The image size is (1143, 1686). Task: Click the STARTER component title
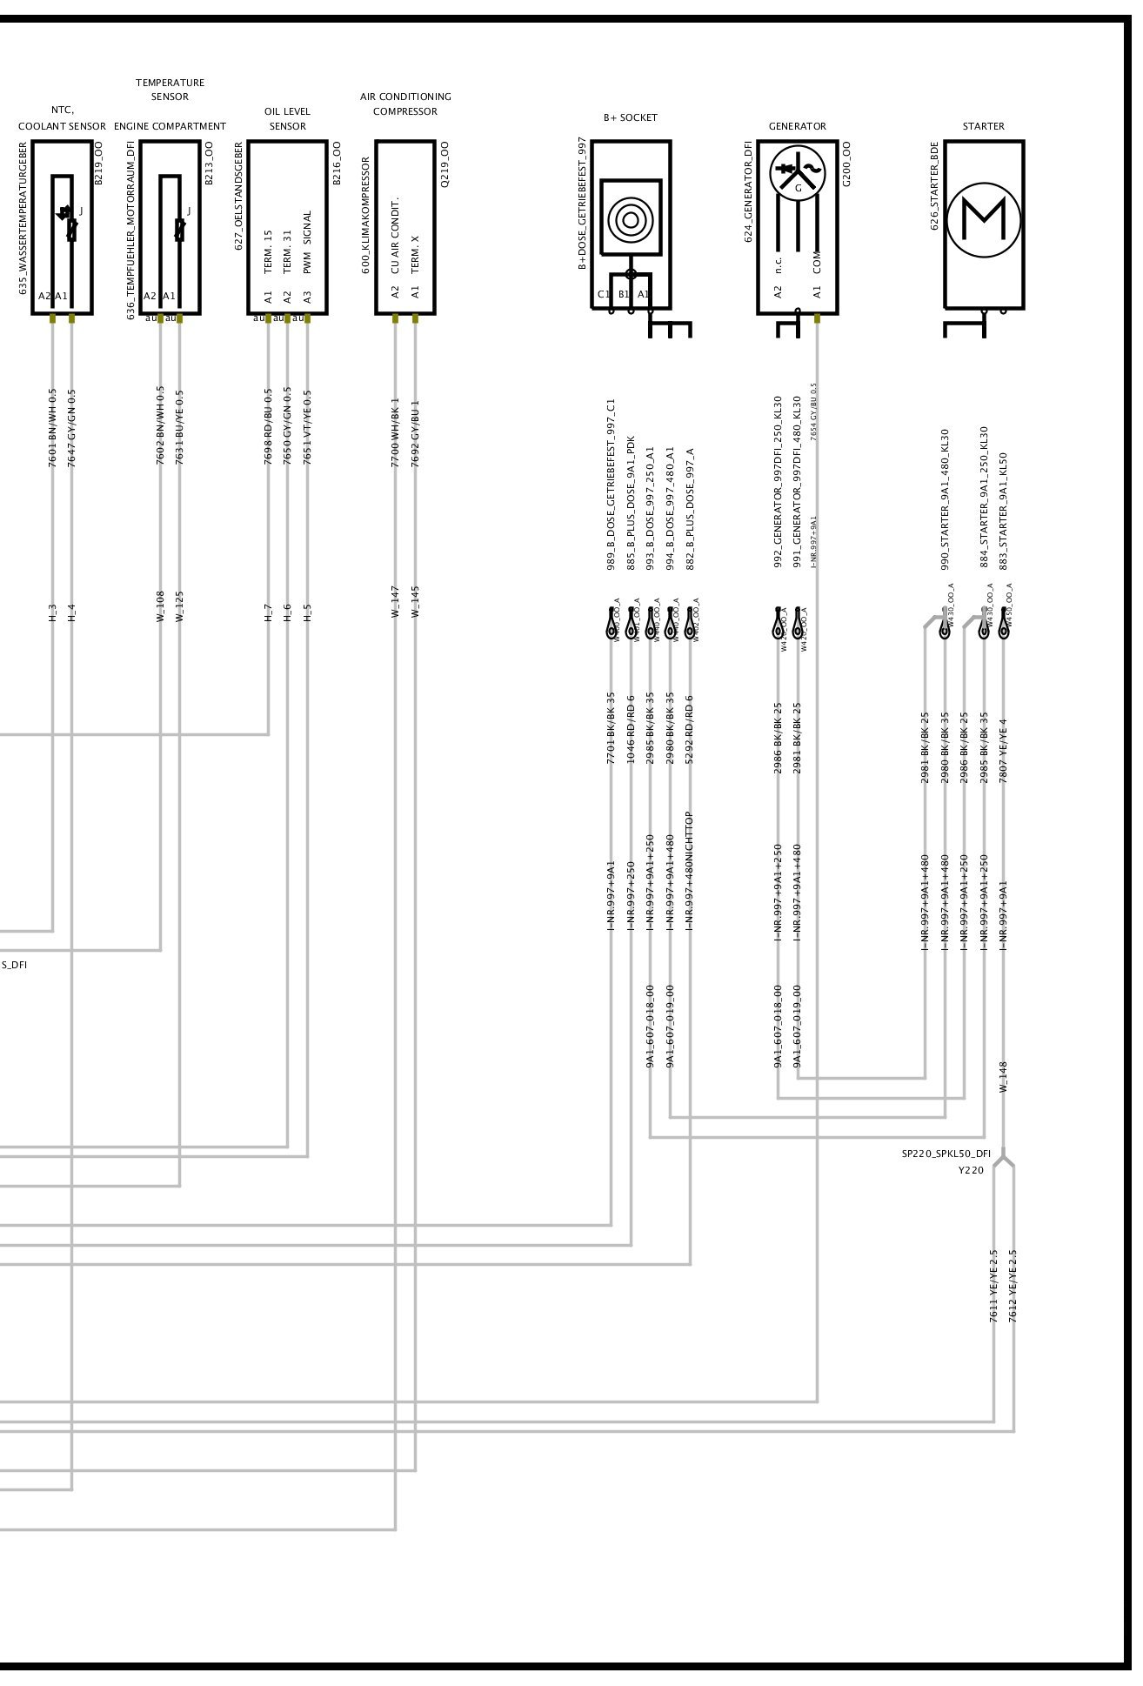point(983,126)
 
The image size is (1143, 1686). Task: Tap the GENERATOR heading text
point(797,126)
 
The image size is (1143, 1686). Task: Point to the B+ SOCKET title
point(630,117)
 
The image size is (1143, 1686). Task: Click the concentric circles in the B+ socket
point(630,218)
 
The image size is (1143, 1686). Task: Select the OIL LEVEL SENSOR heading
point(287,118)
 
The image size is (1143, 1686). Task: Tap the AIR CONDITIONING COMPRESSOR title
point(405,104)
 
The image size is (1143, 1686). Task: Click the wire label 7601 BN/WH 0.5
point(52,427)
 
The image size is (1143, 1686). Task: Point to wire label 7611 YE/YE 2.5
point(993,1286)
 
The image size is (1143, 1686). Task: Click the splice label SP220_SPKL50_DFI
point(946,1154)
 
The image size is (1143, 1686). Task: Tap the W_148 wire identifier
point(1003,1076)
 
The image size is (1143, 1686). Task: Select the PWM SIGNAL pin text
point(307,242)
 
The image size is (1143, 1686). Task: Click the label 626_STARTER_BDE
point(934,185)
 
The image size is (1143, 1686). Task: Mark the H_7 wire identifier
point(268,612)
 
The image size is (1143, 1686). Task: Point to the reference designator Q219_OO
point(444,164)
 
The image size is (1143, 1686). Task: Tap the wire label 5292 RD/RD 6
point(690,729)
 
